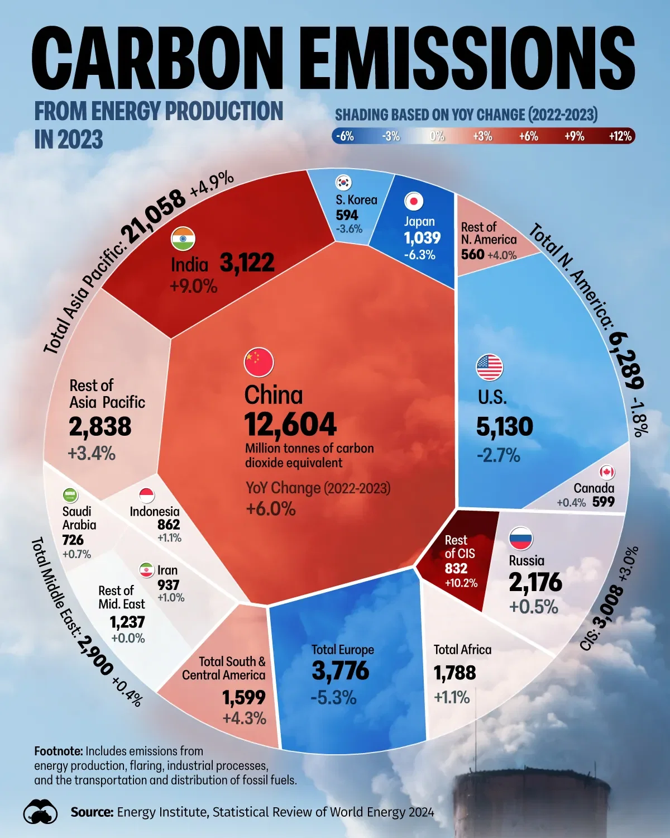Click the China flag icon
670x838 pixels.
click(259, 362)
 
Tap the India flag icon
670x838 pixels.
click(183, 239)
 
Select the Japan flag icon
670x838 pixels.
click(414, 201)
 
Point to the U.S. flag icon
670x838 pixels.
click(490, 368)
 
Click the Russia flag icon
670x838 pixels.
click(521, 539)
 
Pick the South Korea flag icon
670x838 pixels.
click(343, 182)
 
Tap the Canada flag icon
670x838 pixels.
click(607, 472)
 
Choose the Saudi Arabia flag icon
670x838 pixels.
click(70, 495)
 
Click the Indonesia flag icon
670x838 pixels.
click(146, 496)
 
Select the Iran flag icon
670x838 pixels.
click(146, 570)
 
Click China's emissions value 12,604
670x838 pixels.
click(290, 425)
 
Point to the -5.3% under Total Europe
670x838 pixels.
click(333, 697)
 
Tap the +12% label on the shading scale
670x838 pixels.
click(620, 136)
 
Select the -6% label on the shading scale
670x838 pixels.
click(345, 136)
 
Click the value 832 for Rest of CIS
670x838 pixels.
click(456, 568)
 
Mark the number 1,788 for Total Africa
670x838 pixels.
click(454, 673)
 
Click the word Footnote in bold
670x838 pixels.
click(59, 751)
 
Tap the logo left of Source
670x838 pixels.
click(41, 812)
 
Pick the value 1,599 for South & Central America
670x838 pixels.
click(243, 697)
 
